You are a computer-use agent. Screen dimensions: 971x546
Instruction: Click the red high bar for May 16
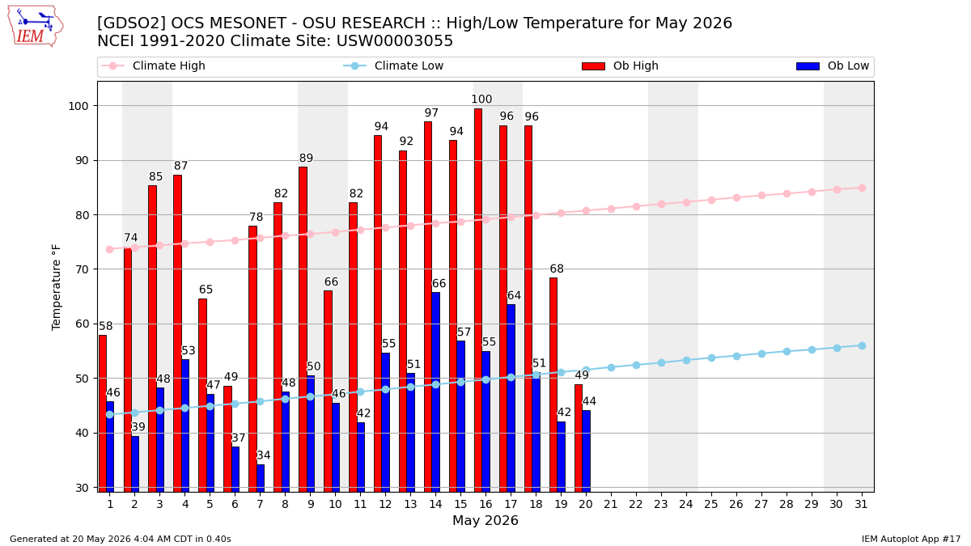477,300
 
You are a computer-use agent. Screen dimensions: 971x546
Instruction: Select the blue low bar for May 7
261,478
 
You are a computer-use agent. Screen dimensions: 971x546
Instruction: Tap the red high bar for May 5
202,395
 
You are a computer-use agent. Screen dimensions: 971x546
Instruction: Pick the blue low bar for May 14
435,392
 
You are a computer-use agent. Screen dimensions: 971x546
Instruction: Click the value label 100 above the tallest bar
481,99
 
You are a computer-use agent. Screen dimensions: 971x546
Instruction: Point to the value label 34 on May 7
264,455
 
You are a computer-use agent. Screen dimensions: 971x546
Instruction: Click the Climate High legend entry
153,66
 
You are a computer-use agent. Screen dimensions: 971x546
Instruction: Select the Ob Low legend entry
833,66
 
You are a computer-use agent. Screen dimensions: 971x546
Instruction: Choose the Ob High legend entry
620,66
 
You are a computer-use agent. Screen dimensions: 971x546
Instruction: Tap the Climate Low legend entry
393,66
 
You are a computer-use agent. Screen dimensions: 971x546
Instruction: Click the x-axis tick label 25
711,505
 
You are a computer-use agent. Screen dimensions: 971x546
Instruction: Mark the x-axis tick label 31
861,505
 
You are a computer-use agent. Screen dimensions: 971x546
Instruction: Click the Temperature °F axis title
56,287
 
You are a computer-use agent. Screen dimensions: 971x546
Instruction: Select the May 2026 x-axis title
485,520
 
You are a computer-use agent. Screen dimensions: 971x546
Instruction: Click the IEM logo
36,27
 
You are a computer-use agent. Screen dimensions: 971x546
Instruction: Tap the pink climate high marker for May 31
862,188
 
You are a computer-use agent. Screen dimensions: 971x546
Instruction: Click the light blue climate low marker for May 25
711,358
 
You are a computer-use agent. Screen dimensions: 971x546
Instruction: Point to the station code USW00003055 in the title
395,41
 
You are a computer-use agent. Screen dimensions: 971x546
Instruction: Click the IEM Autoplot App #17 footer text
911,539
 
